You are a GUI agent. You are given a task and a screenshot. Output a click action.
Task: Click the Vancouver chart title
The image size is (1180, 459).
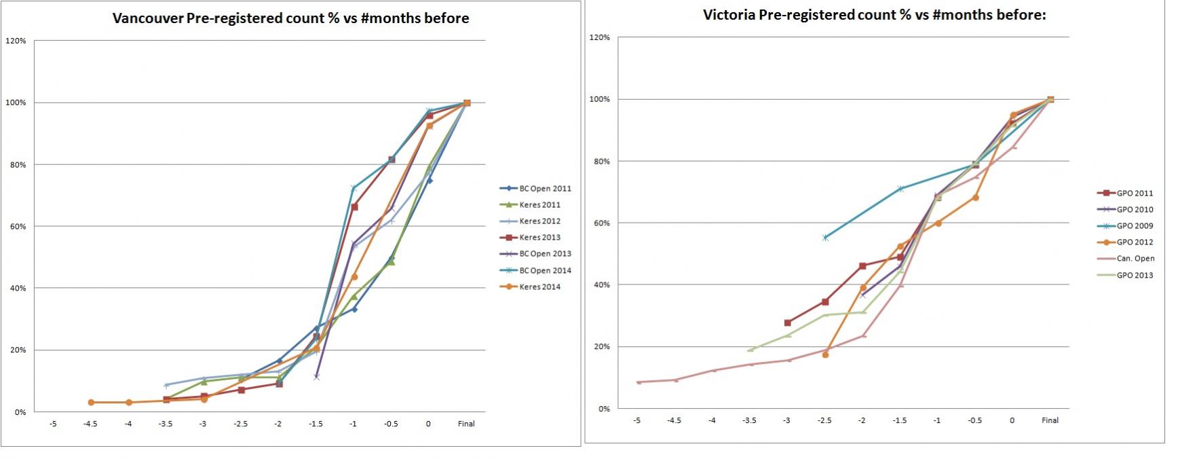tap(290, 18)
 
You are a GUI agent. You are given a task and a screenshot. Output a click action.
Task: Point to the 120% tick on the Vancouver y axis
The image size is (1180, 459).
tap(16, 41)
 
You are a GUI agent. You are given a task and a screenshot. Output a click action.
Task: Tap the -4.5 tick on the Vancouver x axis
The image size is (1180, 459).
tap(91, 424)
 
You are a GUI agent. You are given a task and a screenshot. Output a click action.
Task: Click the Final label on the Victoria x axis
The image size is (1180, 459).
tap(1050, 420)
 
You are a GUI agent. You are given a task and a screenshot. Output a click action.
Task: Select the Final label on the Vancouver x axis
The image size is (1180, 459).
tap(466, 424)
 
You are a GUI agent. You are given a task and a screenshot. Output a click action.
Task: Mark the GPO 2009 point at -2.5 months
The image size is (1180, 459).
tap(825, 238)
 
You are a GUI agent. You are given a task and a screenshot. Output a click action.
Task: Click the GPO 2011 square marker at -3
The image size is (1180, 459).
tap(787, 323)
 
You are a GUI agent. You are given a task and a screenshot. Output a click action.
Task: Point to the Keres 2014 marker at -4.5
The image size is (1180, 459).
tap(91, 403)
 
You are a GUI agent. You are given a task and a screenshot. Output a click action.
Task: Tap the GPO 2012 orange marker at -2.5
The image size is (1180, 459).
tap(825, 354)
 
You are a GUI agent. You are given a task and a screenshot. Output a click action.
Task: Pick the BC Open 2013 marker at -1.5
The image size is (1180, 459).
tap(316, 376)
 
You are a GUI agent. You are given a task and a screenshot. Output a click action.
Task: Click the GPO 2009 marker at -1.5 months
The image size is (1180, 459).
tap(900, 188)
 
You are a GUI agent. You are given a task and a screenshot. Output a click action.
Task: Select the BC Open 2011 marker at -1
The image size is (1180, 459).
tap(354, 309)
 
